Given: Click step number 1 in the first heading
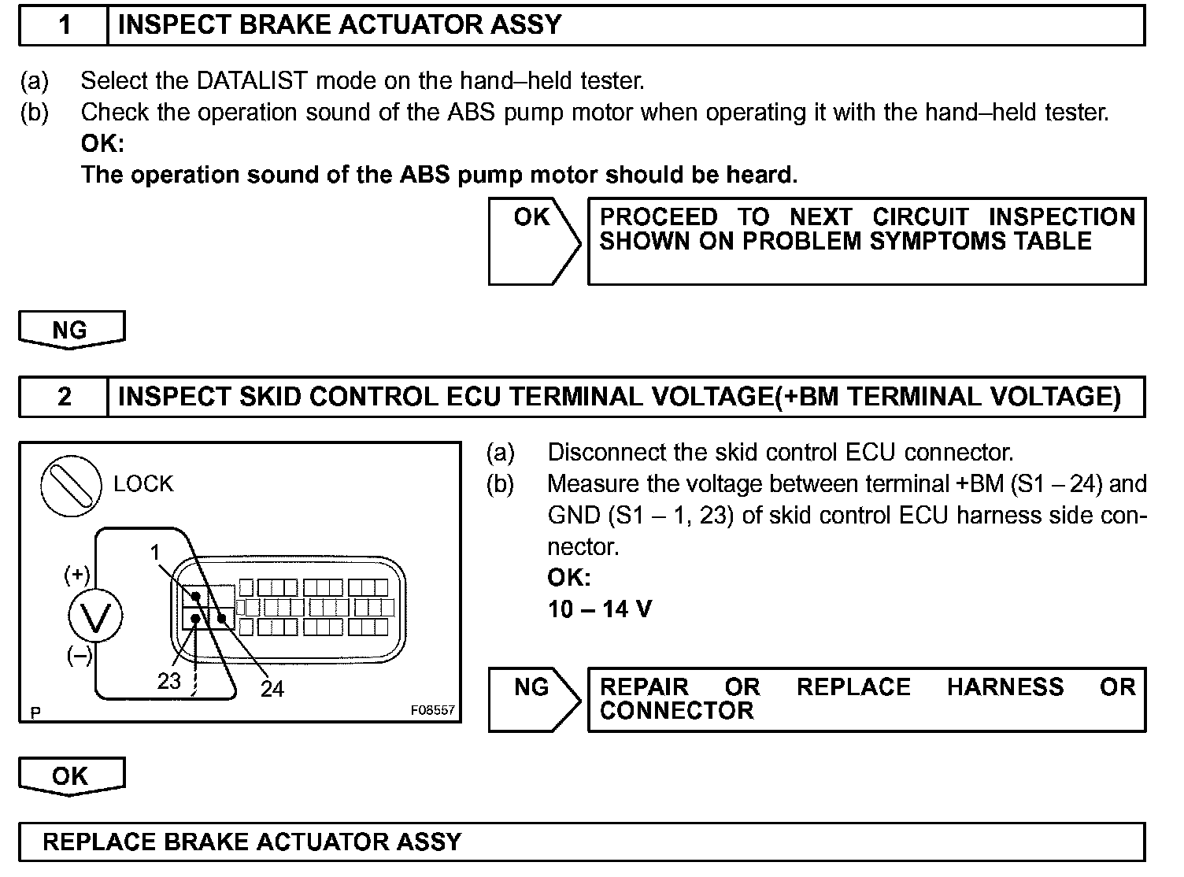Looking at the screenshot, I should (65, 25).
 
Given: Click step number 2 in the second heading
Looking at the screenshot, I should (65, 396).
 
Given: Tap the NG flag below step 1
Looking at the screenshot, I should (71, 329).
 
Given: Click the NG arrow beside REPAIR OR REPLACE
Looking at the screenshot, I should (533, 698).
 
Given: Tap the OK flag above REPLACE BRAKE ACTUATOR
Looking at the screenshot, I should (71, 775).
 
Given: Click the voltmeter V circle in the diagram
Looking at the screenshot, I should (95, 616).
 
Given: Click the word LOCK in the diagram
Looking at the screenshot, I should (143, 484).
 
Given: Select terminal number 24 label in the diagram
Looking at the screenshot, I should (272, 689).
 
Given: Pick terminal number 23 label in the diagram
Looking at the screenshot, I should (169, 681).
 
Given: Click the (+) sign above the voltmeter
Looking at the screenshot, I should (76, 575).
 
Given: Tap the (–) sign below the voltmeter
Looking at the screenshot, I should (78, 655).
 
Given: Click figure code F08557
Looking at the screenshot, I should (432, 709).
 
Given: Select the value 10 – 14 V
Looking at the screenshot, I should (600, 609).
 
